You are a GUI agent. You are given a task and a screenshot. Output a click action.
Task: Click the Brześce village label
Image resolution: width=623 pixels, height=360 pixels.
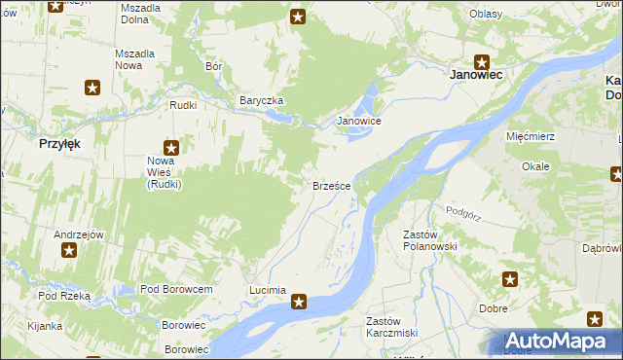point(330,185)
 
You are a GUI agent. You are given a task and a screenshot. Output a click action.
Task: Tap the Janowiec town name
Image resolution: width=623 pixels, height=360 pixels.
point(475,73)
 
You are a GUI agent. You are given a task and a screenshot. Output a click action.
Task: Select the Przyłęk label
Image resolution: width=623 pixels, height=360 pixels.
point(59,142)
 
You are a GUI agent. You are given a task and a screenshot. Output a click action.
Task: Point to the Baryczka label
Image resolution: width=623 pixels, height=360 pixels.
point(262,100)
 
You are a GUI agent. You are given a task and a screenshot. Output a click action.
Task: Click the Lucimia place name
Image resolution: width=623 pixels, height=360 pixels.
point(268,290)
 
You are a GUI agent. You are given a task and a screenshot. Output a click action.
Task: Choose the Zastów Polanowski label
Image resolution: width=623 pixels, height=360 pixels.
point(430,240)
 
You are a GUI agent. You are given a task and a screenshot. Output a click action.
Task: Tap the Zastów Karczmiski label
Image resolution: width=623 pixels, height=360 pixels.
point(390,328)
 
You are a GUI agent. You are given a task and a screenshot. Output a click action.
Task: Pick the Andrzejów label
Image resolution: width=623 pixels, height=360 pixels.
point(79,234)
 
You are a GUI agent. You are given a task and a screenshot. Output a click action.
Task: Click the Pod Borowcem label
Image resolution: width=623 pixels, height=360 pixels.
point(176,290)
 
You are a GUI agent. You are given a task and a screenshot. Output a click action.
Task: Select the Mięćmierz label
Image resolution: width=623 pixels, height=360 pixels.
point(531,136)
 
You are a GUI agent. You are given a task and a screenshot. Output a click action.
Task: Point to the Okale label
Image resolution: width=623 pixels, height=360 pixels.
point(535,166)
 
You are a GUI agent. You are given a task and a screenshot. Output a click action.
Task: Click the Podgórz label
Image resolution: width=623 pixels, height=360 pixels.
point(464,210)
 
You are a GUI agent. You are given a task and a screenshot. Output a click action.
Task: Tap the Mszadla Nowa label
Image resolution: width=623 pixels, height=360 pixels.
point(136,59)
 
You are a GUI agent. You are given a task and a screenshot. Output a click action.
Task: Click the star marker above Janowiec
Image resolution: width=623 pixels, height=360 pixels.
point(481,61)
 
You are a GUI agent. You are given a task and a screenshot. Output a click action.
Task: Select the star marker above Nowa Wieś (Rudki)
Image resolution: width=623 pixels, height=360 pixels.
point(171,147)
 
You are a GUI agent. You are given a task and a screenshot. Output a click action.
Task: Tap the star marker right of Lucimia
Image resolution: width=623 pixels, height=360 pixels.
point(300,303)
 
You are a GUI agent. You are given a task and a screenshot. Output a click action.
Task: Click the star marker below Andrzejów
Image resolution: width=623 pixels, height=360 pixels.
point(69,251)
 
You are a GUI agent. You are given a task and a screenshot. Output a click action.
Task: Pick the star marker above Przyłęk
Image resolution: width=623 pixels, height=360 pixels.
point(92,88)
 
